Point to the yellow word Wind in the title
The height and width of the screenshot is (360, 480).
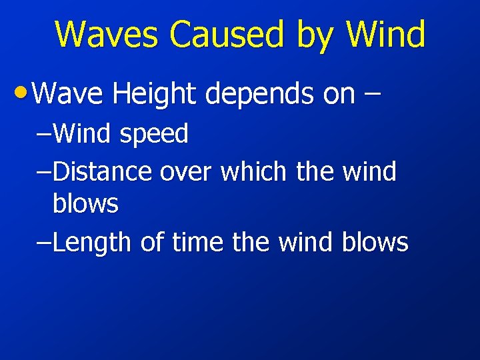386,35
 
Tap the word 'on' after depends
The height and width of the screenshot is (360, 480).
339,95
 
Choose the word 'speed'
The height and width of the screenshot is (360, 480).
154,135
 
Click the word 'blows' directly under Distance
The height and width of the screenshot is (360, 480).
85,203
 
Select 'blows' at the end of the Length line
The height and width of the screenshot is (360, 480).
375,242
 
